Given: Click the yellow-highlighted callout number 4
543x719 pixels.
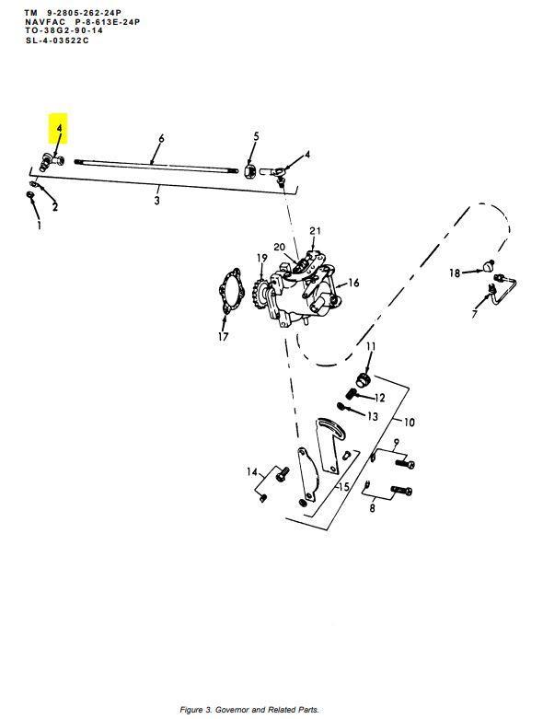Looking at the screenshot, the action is tap(59, 127).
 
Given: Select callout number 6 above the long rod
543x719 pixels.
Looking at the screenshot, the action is tap(161, 138).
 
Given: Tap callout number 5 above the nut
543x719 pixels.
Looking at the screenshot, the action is tap(256, 136).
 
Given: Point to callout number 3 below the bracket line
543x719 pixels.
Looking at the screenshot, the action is tap(156, 201).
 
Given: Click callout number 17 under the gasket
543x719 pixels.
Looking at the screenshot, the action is tap(223, 337).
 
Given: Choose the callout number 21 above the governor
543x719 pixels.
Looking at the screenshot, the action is tap(316, 231).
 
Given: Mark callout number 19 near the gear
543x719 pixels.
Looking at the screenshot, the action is tap(261, 258).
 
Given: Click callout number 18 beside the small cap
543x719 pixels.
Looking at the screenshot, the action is tap(455, 273).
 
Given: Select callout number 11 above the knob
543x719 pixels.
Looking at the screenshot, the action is tap(371, 346).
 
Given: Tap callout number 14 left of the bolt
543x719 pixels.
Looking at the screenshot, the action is tap(252, 472).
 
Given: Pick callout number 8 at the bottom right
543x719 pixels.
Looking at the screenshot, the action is tap(372, 508).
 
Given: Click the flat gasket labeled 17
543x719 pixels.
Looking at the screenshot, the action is tap(230, 291).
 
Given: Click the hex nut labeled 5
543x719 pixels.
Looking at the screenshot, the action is tap(249, 171).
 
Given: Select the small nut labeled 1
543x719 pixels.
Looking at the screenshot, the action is tap(29, 196).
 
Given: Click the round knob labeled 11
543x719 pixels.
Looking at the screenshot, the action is tap(364, 379).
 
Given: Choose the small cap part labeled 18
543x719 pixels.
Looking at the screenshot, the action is tap(489, 265).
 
